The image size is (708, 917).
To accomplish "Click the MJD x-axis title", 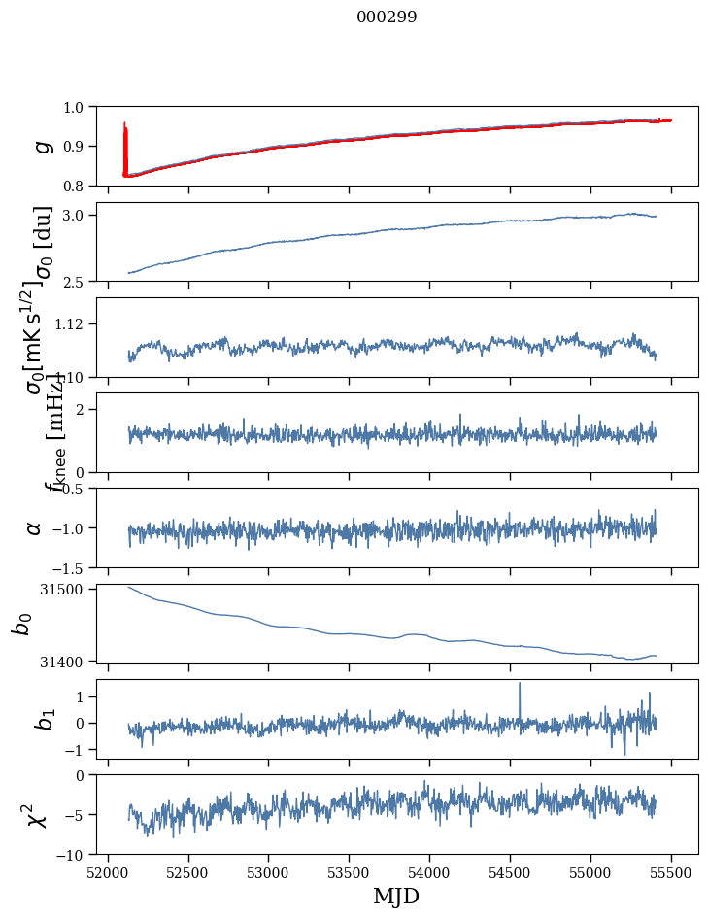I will (396, 896).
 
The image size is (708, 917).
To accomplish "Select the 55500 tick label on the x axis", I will (672, 871).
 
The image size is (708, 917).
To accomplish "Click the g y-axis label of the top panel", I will (41, 146).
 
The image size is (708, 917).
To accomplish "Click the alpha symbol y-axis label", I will (35, 527).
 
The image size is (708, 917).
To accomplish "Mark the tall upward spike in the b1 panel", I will (520, 685).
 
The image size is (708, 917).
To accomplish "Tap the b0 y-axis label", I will (21, 624).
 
